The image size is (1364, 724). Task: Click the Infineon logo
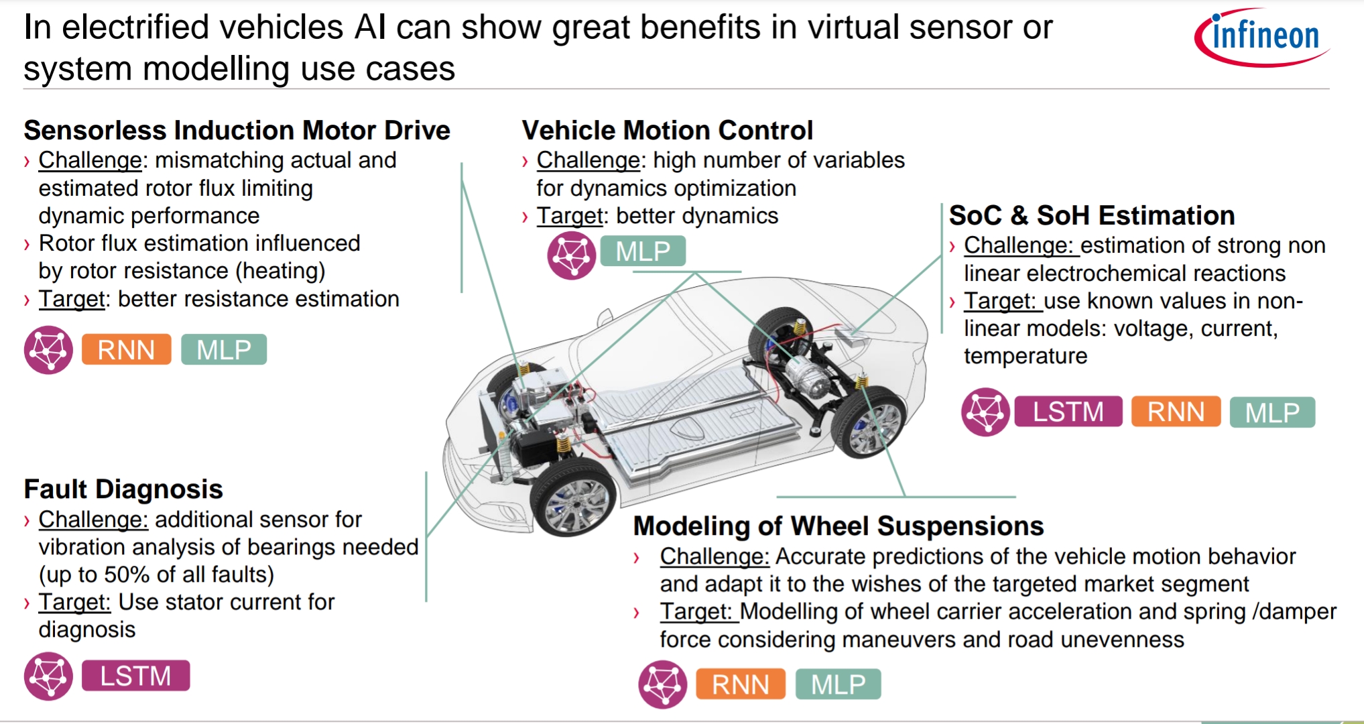(1262, 37)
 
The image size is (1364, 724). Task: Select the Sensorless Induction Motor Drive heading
(237, 130)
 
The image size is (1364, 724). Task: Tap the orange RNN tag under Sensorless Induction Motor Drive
(126, 349)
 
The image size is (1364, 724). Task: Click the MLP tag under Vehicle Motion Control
(642, 251)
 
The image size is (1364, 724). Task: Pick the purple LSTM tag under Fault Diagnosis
(135, 676)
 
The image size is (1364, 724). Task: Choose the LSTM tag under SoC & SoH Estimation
(1068, 412)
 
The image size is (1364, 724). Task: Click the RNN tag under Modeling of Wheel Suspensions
(740, 684)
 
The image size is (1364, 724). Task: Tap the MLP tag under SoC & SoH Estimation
(1272, 412)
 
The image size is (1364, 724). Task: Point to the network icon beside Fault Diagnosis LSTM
(48, 676)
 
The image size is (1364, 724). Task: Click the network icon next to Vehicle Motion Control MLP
(571, 255)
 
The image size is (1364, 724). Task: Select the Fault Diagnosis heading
(123, 489)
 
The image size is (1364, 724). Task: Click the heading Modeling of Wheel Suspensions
(838, 526)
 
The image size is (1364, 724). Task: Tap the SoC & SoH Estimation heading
(1091, 216)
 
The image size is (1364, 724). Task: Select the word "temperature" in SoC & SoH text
(1025, 356)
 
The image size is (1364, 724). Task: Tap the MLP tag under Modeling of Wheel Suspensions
(838, 684)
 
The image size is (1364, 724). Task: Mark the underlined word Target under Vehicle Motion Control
(570, 216)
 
